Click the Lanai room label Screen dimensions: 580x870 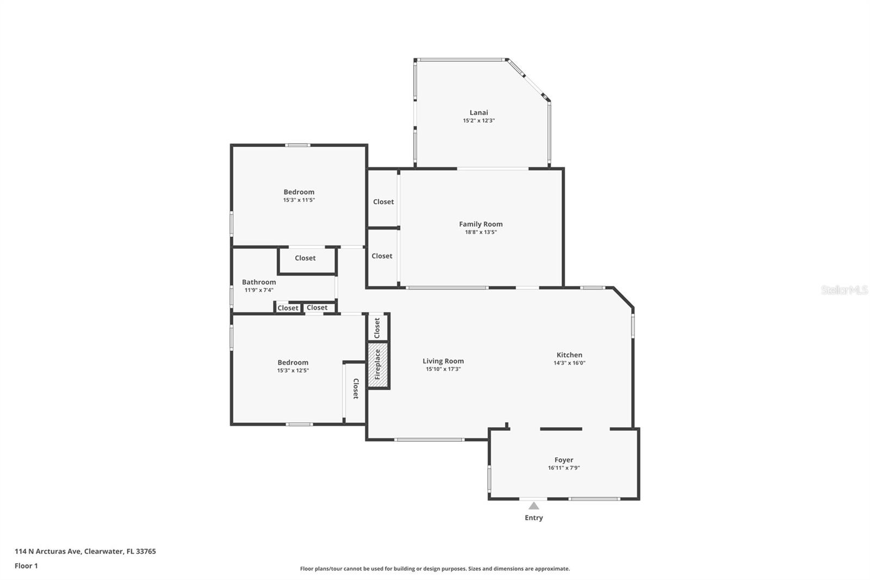click(478, 113)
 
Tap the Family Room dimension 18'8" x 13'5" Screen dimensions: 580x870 click(481, 232)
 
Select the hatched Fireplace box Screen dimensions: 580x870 click(378, 365)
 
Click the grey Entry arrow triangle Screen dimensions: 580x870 click(534, 506)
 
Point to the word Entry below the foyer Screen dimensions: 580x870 click(533, 518)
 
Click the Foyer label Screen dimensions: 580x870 click(563, 460)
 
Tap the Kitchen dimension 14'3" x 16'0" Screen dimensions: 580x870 click(569, 363)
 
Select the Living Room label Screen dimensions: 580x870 click(443, 361)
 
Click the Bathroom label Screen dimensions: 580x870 click(259, 282)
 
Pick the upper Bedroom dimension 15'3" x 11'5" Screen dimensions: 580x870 click(299, 200)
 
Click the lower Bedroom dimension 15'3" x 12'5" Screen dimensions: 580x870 click(293, 371)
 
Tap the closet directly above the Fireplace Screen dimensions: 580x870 click(378, 328)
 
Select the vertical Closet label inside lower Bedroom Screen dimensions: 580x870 click(356, 389)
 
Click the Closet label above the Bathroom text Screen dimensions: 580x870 click(305, 258)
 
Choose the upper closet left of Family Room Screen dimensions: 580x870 click(383, 202)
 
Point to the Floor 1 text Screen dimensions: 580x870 click(26, 566)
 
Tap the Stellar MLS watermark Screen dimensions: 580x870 click(844, 290)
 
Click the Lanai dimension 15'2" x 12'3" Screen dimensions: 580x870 click(478, 121)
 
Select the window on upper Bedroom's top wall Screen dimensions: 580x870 click(298, 145)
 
